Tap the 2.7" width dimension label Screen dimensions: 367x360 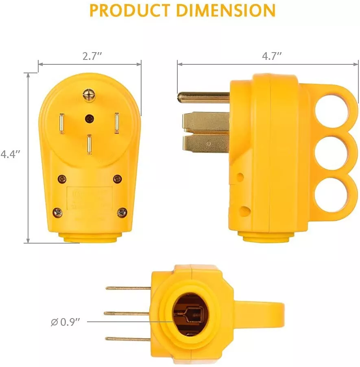(x=92, y=56)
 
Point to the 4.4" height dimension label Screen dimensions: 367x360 (x=10, y=154)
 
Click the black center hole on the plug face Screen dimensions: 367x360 (x=89, y=118)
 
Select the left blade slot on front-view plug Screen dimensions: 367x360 (x=61, y=123)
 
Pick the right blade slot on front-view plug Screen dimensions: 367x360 (x=116, y=123)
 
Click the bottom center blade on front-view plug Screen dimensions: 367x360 (x=89, y=145)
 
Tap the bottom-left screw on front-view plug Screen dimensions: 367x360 (x=58, y=212)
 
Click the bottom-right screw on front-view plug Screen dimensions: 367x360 (x=122, y=212)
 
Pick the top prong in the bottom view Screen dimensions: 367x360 (x=128, y=288)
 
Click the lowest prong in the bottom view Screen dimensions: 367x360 (x=128, y=339)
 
